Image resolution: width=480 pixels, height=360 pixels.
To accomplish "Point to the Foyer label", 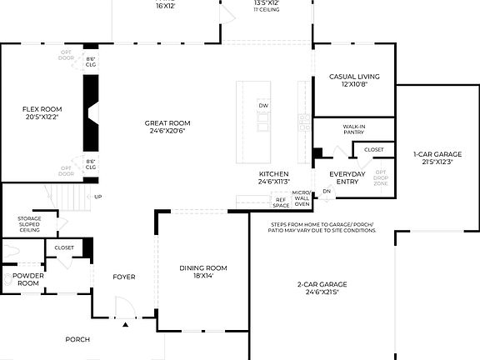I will [124, 277].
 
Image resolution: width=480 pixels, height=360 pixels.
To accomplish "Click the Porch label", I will [77, 339].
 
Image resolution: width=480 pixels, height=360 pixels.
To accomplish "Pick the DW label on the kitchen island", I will [263, 106].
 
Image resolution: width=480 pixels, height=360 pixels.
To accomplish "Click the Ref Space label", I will [281, 202].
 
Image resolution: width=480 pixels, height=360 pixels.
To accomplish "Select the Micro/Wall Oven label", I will [301, 199].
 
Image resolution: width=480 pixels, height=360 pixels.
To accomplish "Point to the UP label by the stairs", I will [98, 197].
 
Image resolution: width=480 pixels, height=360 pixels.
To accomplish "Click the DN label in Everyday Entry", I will [327, 192].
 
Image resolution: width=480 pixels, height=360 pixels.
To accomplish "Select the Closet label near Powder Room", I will [64, 247].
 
